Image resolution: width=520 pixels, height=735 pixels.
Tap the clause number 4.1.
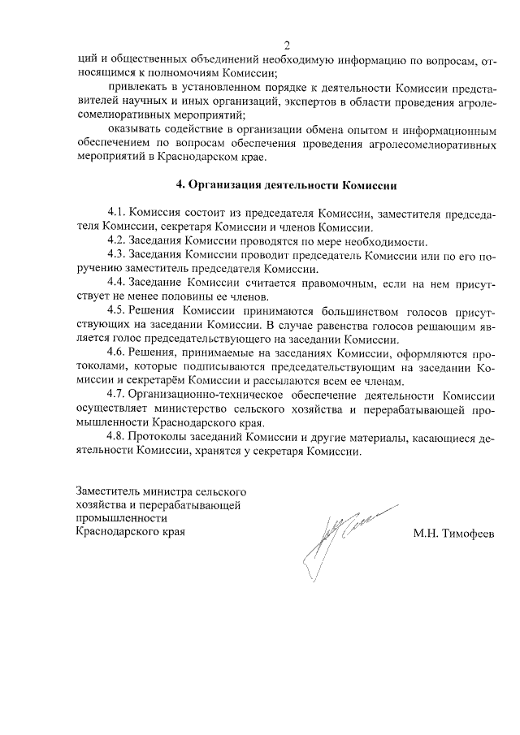point(116,214)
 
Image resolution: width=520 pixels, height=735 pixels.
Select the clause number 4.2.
point(116,241)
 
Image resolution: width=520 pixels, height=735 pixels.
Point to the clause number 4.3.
point(116,255)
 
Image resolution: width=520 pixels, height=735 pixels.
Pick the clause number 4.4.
point(116,283)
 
